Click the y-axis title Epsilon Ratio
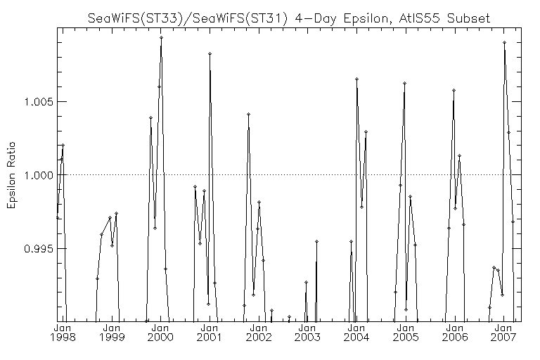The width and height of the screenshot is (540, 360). pyautogui.click(x=11, y=175)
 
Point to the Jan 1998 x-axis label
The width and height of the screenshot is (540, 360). pyautogui.click(x=63, y=332)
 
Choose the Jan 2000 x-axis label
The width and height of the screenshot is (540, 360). pyautogui.click(x=160, y=332)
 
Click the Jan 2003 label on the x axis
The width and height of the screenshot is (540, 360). pyautogui.click(x=307, y=332)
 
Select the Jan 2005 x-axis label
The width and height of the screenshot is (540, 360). pyautogui.click(x=406, y=332)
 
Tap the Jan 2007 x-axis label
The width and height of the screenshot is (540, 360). pyautogui.click(x=504, y=332)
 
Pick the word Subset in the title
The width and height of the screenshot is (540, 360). pyautogui.click(x=468, y=18)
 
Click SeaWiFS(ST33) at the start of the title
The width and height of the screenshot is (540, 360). pyautogui.click(x=135, y=18)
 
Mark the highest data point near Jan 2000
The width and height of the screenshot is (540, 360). pyautogui.click(x=161, y=37)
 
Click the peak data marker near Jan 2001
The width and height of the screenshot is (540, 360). pyautogui.click(x=210, y=53)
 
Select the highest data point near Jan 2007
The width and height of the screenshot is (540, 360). pyautogui.click(x=504, y=43)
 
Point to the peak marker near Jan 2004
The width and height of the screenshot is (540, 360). pyautogui.click(x=356, y=79)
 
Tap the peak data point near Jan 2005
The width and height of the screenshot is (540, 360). pyautogui.click(x=405, y=84)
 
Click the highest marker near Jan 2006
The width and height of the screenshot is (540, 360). pyautogui.click(x=454, y=90)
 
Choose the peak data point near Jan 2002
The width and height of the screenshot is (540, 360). pyautogui.click(x=248, y=114)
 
